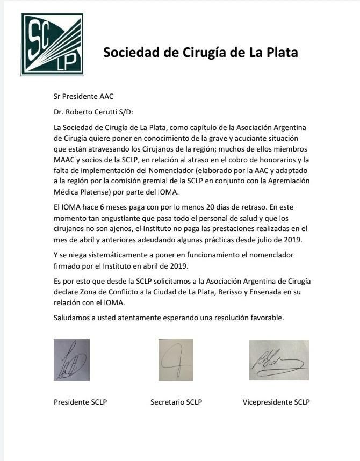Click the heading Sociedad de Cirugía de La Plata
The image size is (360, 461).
[200, 53]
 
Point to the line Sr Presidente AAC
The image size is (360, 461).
[83, 97]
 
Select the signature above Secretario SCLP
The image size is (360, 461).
[175, 359]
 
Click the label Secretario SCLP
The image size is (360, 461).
[176, 402]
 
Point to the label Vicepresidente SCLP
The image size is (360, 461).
[276, 402]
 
